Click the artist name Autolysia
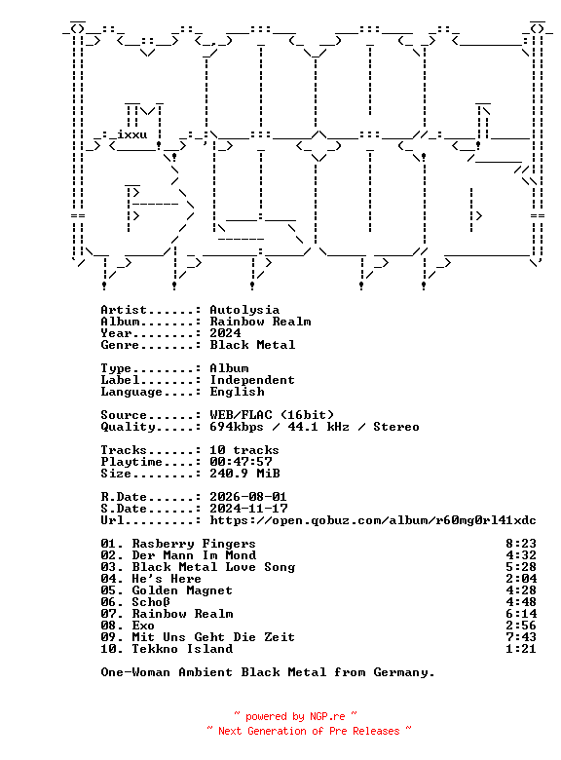244,310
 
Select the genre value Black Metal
252,345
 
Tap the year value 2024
225,333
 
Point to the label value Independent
252,380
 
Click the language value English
237,392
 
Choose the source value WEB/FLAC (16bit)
272,415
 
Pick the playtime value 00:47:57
241,462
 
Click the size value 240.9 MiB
244,474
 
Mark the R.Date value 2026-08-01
248,497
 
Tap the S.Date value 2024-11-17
248,509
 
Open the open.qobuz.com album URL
373,520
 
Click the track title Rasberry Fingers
194,544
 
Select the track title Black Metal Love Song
213,567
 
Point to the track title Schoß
151,602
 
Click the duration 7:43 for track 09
521,637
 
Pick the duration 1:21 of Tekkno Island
521,649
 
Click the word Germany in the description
404,672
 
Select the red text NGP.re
327,716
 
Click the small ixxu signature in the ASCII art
132,134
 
